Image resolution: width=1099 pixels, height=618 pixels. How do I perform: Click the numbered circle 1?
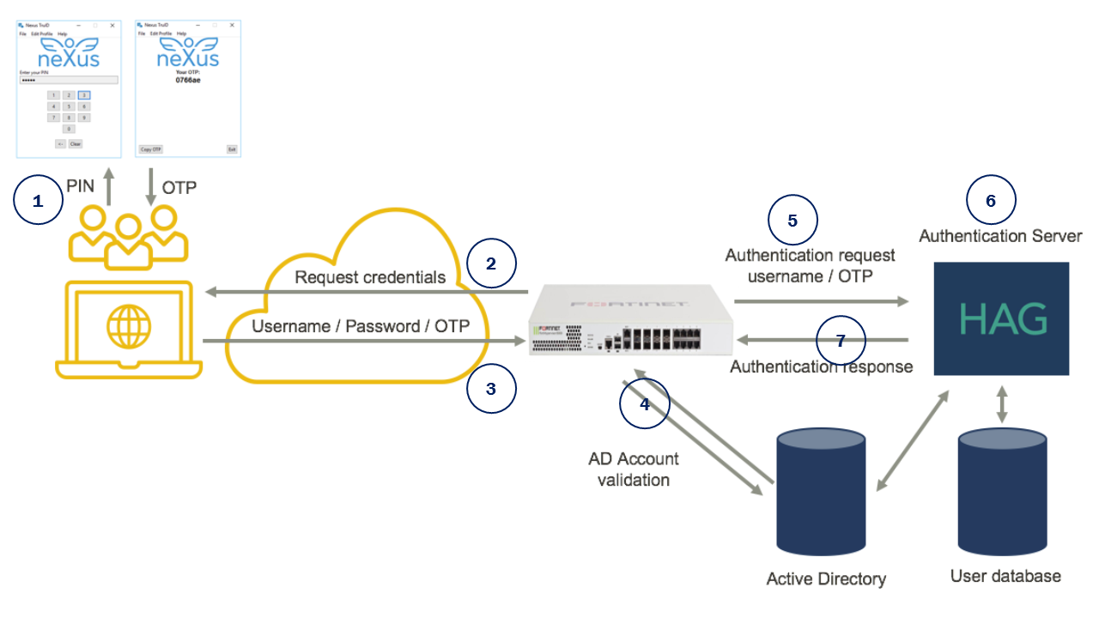(38, 200)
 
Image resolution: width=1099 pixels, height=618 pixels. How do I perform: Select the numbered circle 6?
(991, 200)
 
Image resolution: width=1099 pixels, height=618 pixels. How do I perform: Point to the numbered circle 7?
(841, 340)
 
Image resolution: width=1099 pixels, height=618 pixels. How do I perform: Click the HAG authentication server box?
(1001, 318)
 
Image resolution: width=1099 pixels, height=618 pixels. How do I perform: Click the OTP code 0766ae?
(188, 80)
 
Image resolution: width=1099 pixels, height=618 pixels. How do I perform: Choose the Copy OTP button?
(151, 149)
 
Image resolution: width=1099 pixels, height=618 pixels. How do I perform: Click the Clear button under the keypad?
(76, 144)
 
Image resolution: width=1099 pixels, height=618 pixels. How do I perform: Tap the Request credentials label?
(370, 277)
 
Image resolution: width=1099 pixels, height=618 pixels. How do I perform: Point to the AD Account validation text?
(633, 469)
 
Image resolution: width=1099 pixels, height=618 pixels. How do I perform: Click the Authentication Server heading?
(1000, 235)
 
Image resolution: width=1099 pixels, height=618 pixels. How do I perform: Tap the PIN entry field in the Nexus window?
(69, 80)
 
